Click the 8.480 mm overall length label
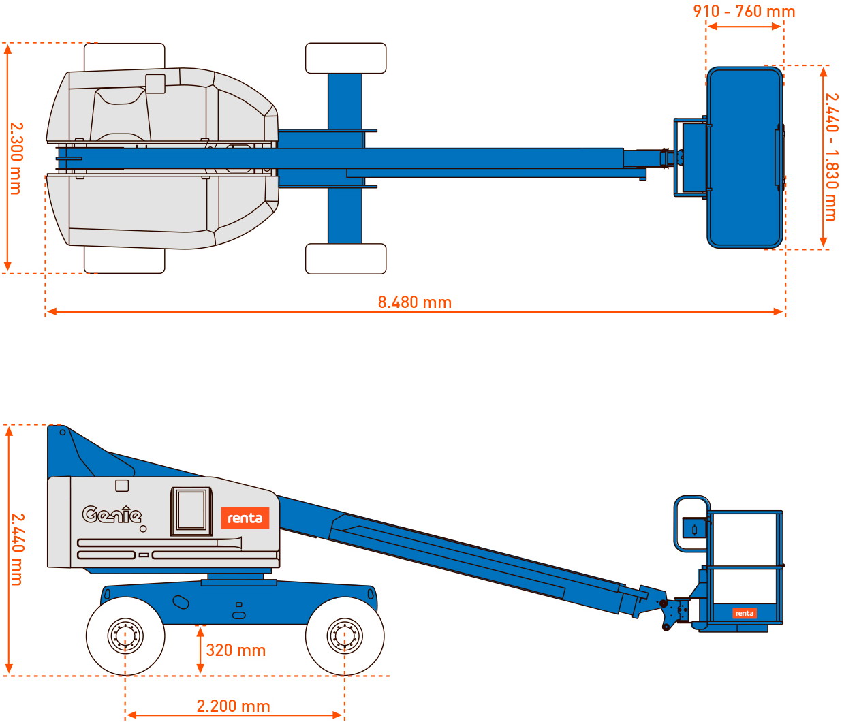tap(414, 302)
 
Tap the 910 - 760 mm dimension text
tap(744, 12)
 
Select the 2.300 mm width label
tap(16, 159)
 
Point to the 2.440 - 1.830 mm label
tap(831, 157)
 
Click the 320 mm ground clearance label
tap(236, 650)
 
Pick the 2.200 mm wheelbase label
tap(233, 706)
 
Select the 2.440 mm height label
tap(18, 550)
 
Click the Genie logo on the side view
tap(112, 514)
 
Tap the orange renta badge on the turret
tap(245, 518)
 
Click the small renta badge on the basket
tap(744, 613)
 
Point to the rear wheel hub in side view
tap(125, 635)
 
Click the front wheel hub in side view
tap(344, 635)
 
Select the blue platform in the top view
tap(744, 157)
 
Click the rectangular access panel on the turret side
tap(191, 511)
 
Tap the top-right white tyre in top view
tap(345, 58)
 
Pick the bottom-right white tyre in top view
tap(345, 259)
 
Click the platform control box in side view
tap(693, 528)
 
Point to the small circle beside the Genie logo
tap(143, 529)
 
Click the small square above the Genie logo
tap(122, 486)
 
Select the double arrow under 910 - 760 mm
tap(744, 27)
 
